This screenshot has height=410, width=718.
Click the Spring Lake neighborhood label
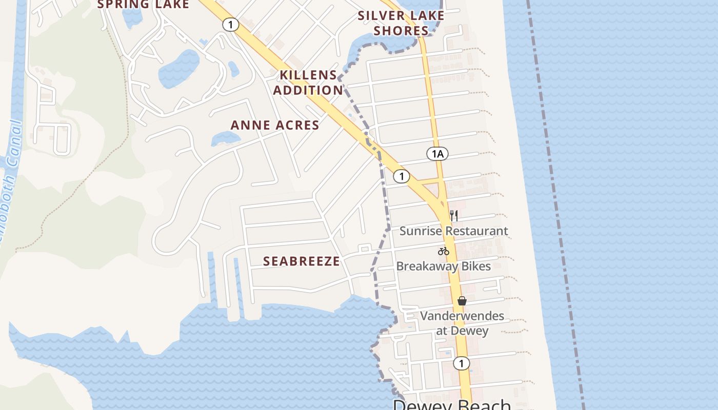point(143,5)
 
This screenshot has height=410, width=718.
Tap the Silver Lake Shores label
point(401,23)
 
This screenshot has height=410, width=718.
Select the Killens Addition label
point(308,83)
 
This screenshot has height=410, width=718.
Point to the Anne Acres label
point(275,125)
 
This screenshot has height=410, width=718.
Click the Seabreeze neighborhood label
point(302,261)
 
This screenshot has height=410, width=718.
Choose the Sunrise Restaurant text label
point(453,231)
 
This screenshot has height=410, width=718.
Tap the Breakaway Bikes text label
point(443,266)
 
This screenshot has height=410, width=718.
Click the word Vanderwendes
point(462,316)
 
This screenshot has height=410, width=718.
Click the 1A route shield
point(437,154)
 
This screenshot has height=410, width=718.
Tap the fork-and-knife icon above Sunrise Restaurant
point(454,215)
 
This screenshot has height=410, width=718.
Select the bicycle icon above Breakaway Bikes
point(444,251)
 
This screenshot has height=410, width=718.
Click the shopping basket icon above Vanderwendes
point(462,301)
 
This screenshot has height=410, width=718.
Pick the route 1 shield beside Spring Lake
point(231,24)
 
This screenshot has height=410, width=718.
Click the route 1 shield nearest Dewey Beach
point(461,363)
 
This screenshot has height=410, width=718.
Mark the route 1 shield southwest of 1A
point(402,176)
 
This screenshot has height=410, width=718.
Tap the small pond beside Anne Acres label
point(226,138)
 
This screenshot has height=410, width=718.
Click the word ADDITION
point(308,90)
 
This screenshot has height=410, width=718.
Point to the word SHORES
point(401,31)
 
